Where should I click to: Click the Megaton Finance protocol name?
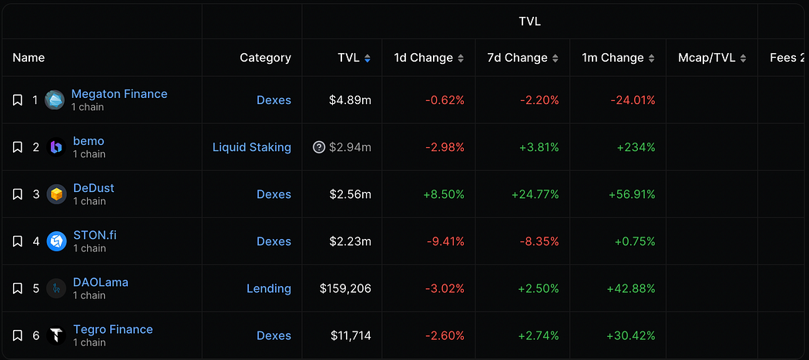(x=119, y=94)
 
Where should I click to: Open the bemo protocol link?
(x=89, y=141)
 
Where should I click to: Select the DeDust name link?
(x=93, y=188)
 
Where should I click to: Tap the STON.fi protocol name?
(x=95, y=235)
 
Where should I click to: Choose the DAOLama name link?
(x=100, y=282)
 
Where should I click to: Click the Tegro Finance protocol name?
(x=112, y=329)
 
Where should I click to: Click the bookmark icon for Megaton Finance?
(x=18, y=100)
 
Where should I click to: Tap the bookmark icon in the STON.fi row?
(x=18, y=241)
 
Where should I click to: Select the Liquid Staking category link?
(x=251, y=147)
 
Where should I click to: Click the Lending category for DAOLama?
(x=268, y=288)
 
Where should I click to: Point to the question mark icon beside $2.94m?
(x=319, y=147)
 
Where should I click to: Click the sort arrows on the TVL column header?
(x=368, y=59)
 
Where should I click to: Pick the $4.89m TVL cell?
(x=351, y=100)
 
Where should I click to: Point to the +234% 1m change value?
(x=636, y=147)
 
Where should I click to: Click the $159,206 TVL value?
(x=345, y=288)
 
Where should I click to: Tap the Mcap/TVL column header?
(x=707, y=58)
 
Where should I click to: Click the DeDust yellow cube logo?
(x=56, y=194)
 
